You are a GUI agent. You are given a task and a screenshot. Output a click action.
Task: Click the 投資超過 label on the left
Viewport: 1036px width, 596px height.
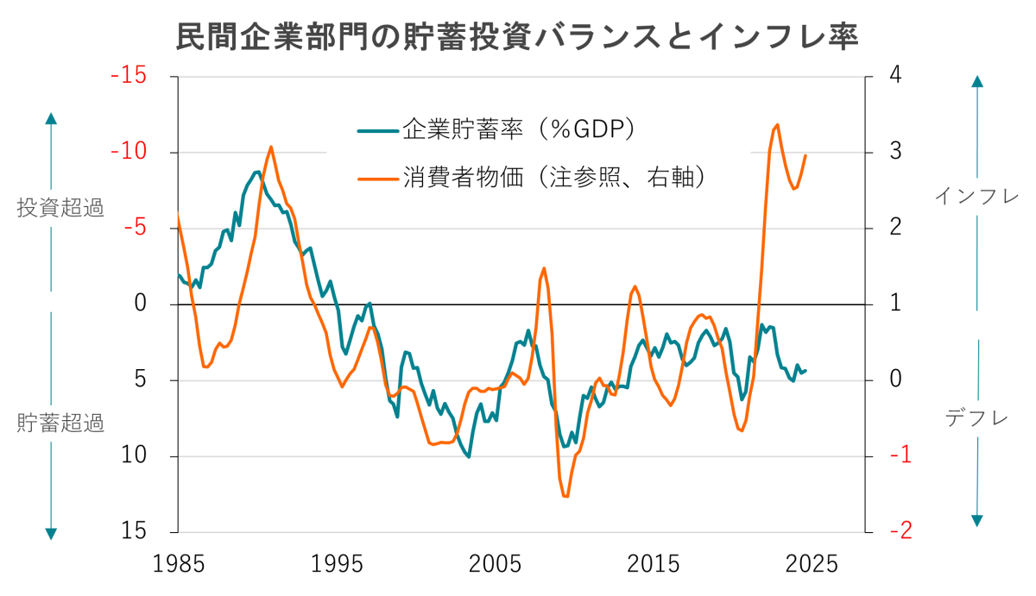tap(60, 207)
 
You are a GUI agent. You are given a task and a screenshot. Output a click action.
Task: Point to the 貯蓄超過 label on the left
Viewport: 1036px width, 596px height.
tap(60, 423)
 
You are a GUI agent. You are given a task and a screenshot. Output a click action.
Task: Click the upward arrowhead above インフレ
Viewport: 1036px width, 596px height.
tap(977, 81)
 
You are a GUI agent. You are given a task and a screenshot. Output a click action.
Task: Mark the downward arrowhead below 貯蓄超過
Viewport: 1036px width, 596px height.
tap(51, 533)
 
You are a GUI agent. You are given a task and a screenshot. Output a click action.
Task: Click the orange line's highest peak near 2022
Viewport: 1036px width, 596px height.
tap(777, 125)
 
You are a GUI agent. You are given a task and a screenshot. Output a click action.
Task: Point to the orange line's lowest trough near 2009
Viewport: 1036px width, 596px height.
tap(566, 497)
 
